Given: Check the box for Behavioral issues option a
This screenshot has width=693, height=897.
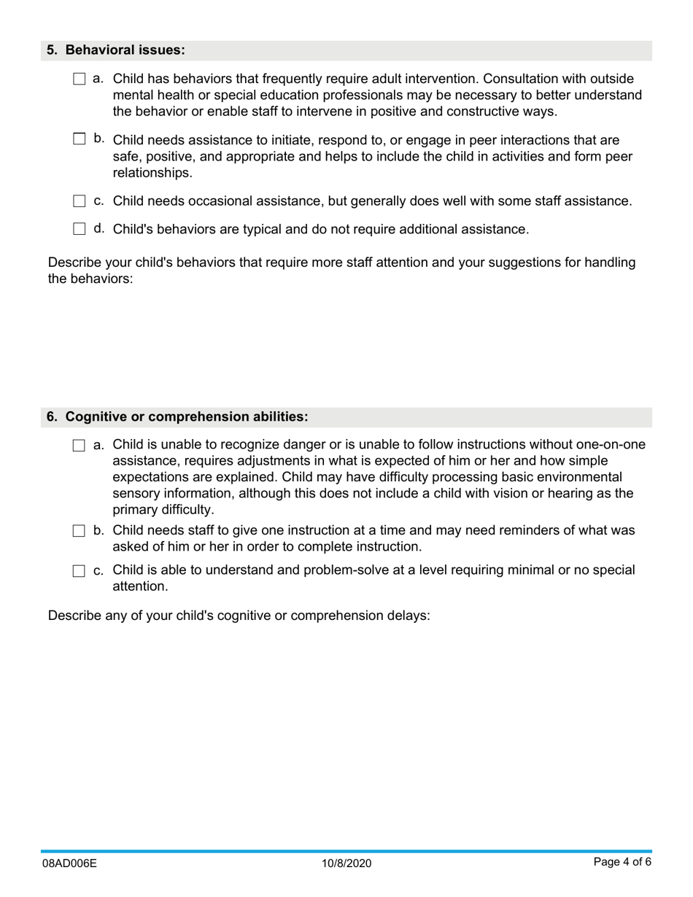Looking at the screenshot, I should pyautogui.click(x=80, y=79).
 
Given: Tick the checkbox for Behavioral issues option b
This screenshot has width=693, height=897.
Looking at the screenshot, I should pyautogui.click(x=80, y=139).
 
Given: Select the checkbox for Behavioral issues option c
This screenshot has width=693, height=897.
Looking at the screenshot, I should pyautogui.click(x=80, y=201).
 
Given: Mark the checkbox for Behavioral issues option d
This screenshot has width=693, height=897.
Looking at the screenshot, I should pyautogui.click(x=80, y=229).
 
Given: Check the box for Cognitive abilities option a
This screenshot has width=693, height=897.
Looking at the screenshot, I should pyautogui.click(x=80, y=446).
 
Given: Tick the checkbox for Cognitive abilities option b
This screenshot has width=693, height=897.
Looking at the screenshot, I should pyautogui.click(x=80, y=532).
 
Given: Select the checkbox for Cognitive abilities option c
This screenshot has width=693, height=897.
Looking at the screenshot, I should pyautogui.click(x=80, y=571).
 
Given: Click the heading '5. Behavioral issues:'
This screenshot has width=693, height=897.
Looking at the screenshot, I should pyautogui.click(x=116, y=50).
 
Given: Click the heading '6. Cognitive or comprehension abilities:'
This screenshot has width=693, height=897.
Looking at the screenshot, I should pyautogui.click(x=177, y=416).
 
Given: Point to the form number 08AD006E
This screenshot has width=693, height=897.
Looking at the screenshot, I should pyautogui.click(x=69, y=863).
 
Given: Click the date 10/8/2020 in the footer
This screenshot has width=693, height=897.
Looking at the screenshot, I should pyautogui.click(x=346, y=863).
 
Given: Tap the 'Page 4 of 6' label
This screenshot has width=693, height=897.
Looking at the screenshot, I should pyautogui.click(x=622, y=862).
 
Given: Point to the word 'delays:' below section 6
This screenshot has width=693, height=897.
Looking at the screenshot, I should pyautogui.click(x=409, y=615).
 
